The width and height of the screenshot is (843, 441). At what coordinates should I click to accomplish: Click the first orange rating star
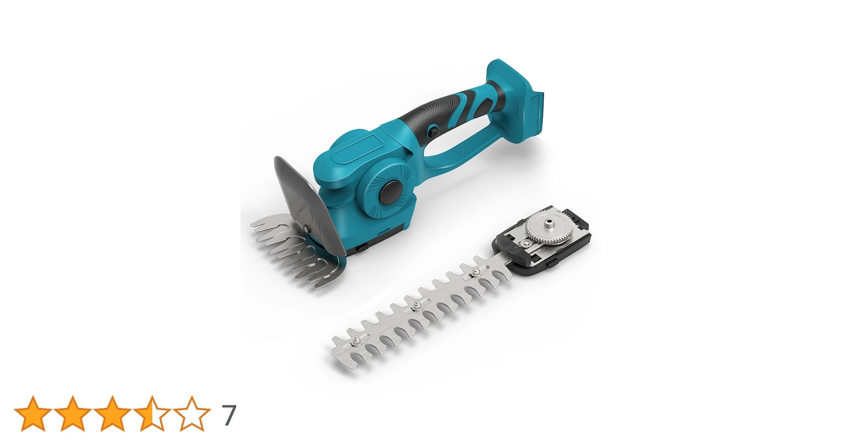pos(33,413)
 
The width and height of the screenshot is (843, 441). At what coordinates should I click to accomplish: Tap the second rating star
pos(73,413)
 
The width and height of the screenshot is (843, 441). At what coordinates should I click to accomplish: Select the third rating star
pos(113,413)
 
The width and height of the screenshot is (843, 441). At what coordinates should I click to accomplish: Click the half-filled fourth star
pos(152,413)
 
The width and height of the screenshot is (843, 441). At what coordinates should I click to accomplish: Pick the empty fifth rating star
pos(192,413)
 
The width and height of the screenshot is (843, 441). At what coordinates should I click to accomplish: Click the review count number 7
pos(228,415)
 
